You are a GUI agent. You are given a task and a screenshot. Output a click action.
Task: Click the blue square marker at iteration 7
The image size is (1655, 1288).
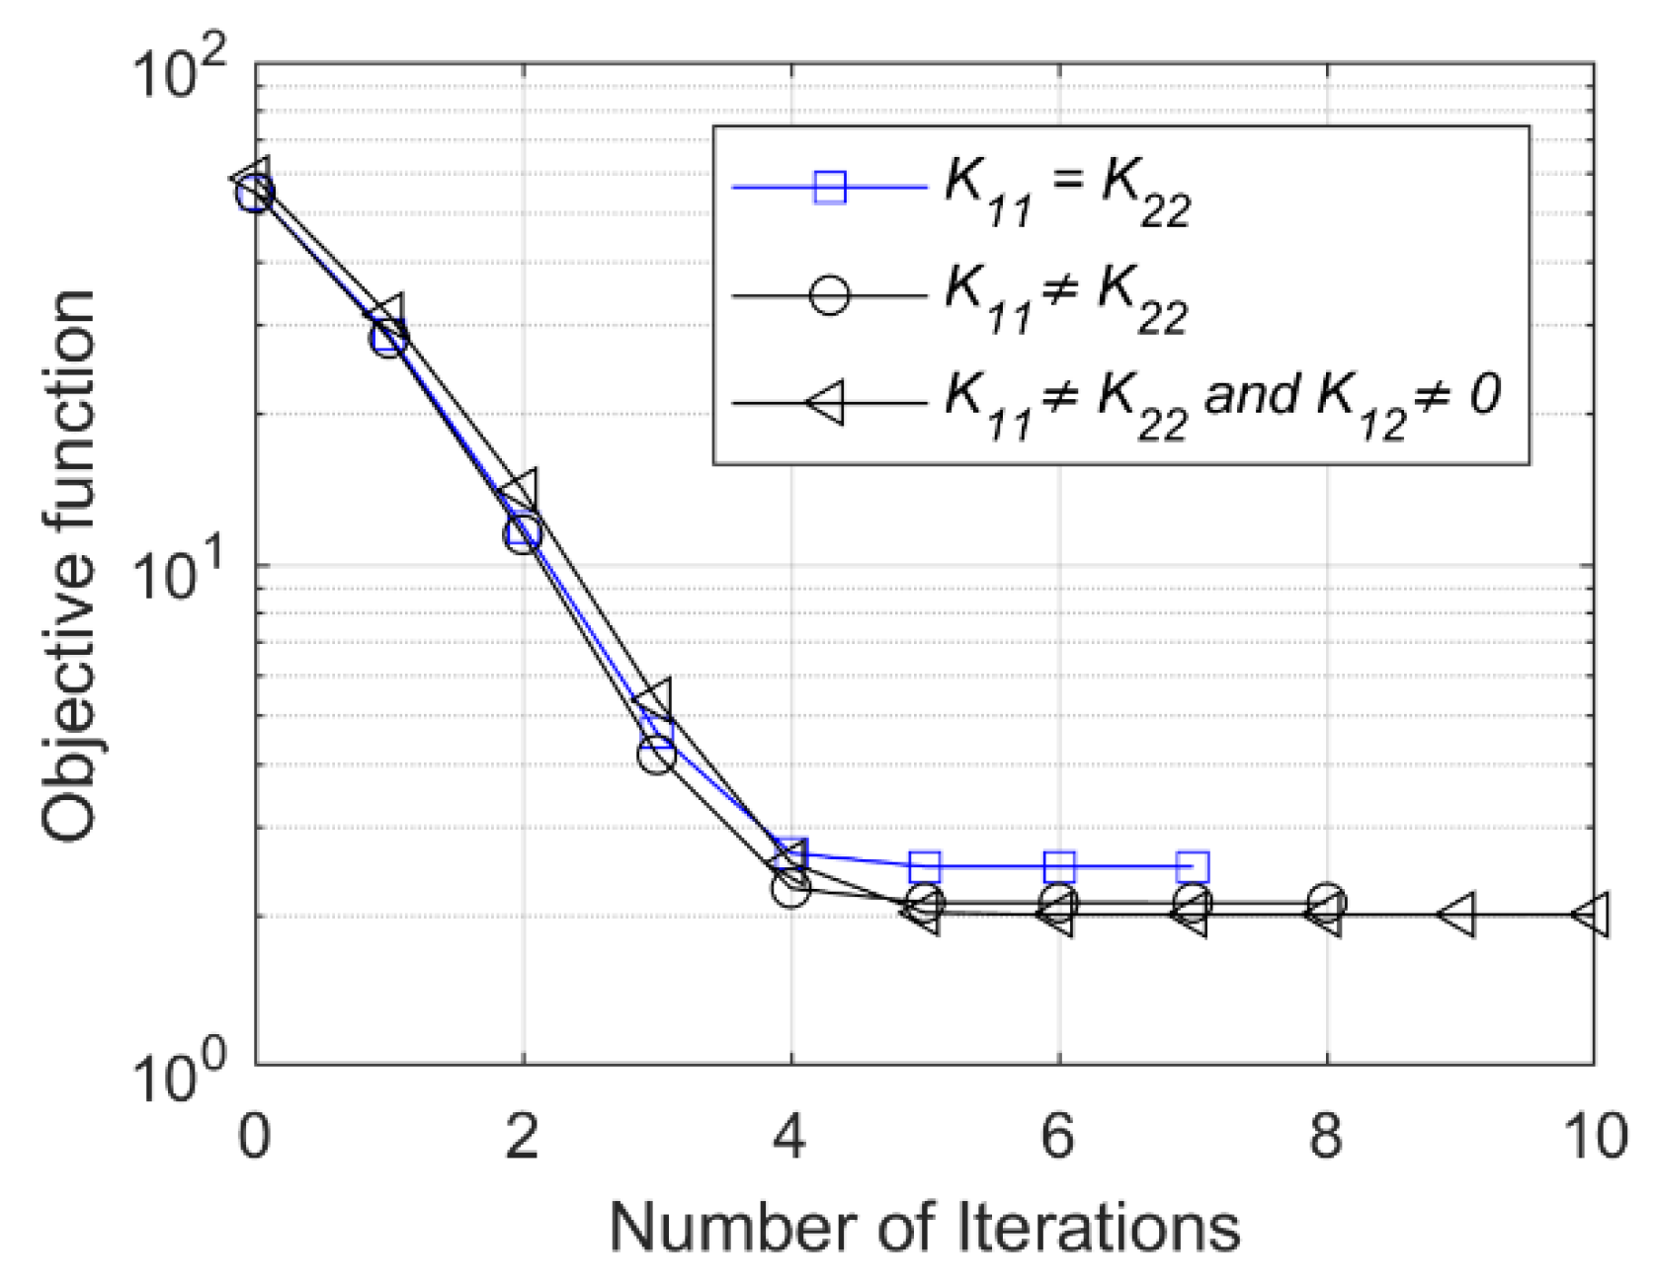[x=1193, y=866]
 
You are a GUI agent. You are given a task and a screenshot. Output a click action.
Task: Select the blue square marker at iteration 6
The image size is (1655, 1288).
[x=1059, y=866]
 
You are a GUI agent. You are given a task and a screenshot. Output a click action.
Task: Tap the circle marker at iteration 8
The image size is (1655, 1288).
[x=1326, y=902]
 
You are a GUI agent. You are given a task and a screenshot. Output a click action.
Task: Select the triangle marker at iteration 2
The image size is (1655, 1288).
[x=521, y=489]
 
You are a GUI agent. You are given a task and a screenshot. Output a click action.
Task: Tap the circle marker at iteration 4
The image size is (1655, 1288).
[x=791, y=888]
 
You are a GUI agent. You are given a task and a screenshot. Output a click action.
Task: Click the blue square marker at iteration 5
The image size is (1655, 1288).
[x=925, y=866]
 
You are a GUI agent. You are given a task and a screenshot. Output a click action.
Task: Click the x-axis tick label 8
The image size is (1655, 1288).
[x=1325, y=1137]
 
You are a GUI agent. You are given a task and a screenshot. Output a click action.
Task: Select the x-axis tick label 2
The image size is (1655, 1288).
[x=522, y=1137]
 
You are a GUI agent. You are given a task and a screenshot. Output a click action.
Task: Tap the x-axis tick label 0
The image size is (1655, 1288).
[x=254, y=1137]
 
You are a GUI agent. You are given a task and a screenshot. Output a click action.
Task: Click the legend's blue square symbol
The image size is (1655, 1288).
[x=830, y=186]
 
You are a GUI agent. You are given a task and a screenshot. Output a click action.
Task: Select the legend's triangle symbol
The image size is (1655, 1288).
[x=826, y=403]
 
